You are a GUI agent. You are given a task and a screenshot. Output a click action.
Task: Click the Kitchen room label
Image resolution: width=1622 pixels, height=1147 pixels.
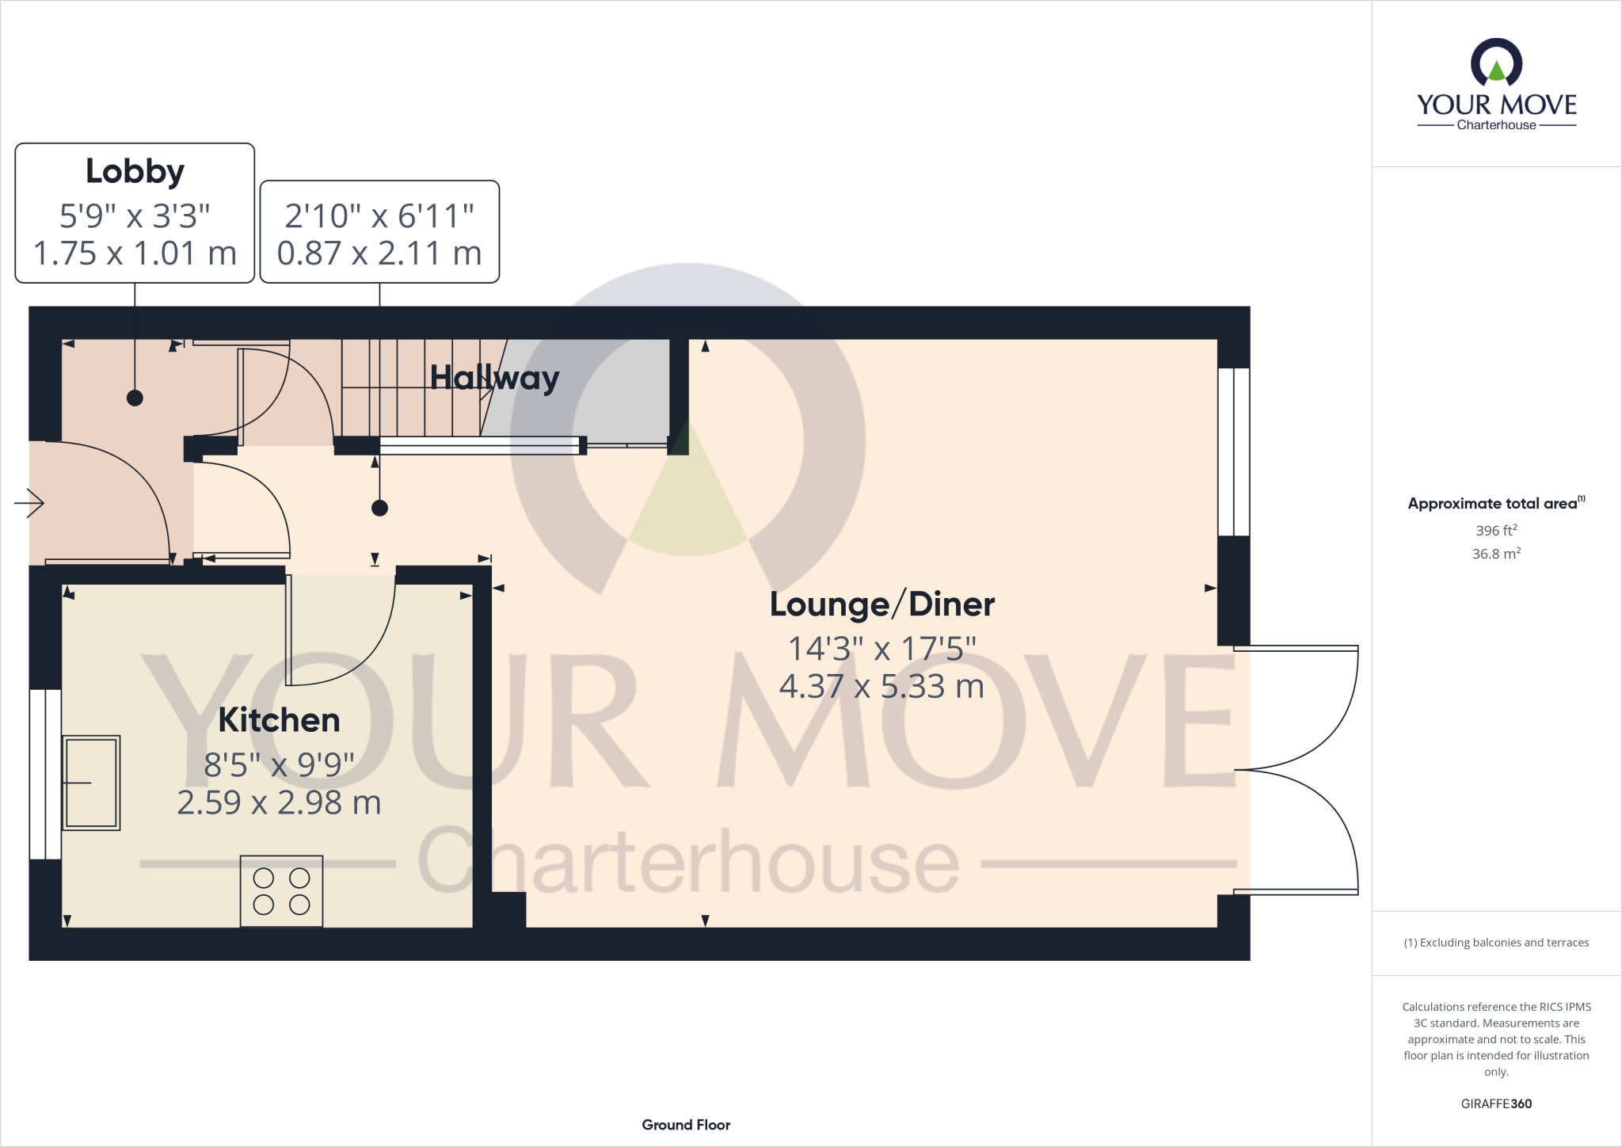pyautogui.click(x=279, y=720)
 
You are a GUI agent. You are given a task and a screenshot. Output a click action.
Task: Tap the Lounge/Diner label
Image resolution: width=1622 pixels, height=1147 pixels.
pyautogui.click(x=881, y=604)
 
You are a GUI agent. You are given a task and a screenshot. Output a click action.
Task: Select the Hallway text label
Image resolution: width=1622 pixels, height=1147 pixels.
pyautogui.click(x=494, y=378)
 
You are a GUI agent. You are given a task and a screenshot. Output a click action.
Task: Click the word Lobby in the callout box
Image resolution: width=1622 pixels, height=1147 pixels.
pyautogui.click(x=135, y=171)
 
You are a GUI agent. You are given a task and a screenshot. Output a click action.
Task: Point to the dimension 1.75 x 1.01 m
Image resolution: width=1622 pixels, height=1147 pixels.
pyautogui.click(x=135, y=253)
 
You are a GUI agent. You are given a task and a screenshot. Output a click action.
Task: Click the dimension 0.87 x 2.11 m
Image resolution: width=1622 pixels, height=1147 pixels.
pyautogui.click(x=379, y=253)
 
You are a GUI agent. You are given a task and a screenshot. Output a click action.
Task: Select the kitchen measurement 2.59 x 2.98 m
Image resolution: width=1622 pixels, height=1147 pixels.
pyautogui.click(x=279, y=802)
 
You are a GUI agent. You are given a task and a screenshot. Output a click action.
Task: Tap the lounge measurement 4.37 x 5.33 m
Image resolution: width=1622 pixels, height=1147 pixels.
pyautogui.click(x=881, y=686)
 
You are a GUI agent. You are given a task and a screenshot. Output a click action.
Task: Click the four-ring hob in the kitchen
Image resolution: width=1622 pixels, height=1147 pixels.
pyautogui.click(x=281, y=890)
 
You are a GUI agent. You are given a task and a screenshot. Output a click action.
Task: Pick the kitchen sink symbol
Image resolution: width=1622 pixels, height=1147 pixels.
pyautogui.click(x=91, y=783)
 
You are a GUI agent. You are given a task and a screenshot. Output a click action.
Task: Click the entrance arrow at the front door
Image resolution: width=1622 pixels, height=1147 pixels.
pyautogui.click(x=29, y=503)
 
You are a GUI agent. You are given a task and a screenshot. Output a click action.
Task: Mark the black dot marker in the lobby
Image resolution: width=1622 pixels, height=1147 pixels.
pyautogui.click(x=135, y=398)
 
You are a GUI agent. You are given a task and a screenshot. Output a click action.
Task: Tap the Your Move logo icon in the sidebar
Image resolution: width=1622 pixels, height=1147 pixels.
pyautogui.click(x=1496, y=63)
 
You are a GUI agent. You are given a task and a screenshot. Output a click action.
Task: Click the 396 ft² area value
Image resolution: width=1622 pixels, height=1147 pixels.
pyautogui.click(x=1496, y=530)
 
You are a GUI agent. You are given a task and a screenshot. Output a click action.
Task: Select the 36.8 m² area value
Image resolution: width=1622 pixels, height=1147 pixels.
pyautogui.click(x=1496, y=553)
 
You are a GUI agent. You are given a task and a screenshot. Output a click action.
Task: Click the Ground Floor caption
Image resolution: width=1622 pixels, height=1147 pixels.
pyautogui.click(x=686, y=1125)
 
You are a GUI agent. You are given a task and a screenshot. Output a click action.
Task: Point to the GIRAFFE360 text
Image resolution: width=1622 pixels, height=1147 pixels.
pyautogui.click(x=1496, y=1103)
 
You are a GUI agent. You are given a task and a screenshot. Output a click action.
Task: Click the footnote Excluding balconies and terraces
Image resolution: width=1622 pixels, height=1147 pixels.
pyautogui.click(x=1496, y=943)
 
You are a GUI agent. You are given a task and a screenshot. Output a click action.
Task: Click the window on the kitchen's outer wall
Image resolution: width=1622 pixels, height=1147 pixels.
pyautogui.click(x=45, y=774)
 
